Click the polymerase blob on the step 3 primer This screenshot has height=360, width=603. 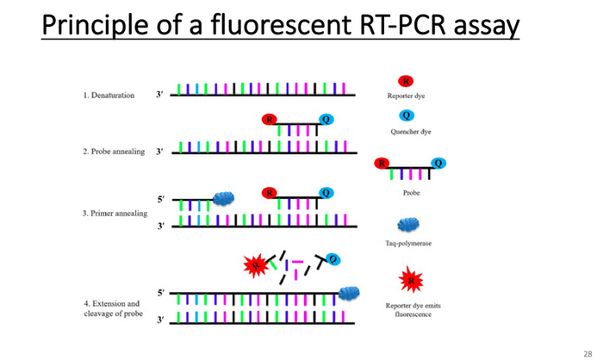(224, 198)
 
